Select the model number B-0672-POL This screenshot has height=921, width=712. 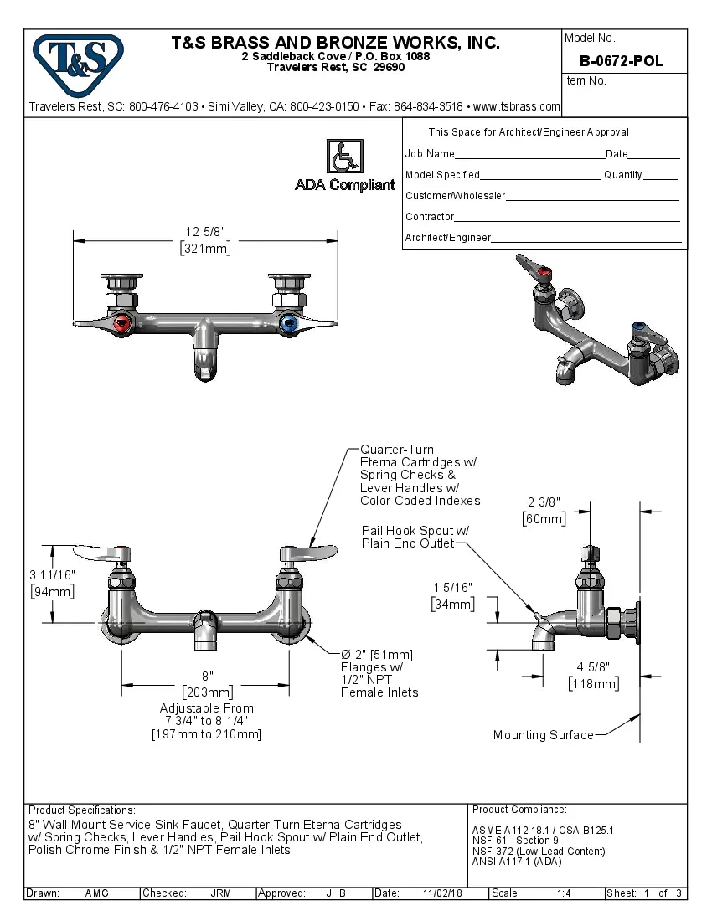click(x=622, y=61)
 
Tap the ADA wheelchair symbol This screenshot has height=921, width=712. click(x=343, y=157)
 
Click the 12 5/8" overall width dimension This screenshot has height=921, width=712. click(x=205, y=239)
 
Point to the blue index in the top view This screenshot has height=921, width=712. click(x=289, y=323)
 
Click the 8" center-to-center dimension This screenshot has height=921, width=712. click(x=207, y=683)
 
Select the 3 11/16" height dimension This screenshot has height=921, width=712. click(x=52, y=583)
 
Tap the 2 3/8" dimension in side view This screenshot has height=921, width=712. click(x=544, y=510)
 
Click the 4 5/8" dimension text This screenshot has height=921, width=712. click(x=593, y=675)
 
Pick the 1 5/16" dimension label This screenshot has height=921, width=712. click(x=453, y=595)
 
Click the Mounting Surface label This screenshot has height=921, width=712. click(x=543, y=735)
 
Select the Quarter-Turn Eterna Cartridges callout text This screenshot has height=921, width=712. click(x=420, y=476)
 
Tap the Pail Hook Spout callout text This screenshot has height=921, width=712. click(x=415, y=537)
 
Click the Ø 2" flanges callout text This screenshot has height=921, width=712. click(x=376, y=673)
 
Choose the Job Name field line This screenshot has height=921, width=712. click(x=529, y=155)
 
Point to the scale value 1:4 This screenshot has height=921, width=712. click(x=564, y=893)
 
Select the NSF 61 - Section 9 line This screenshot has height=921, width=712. click(x=515, y=841)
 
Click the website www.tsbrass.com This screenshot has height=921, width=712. click(x=516, y=106)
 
